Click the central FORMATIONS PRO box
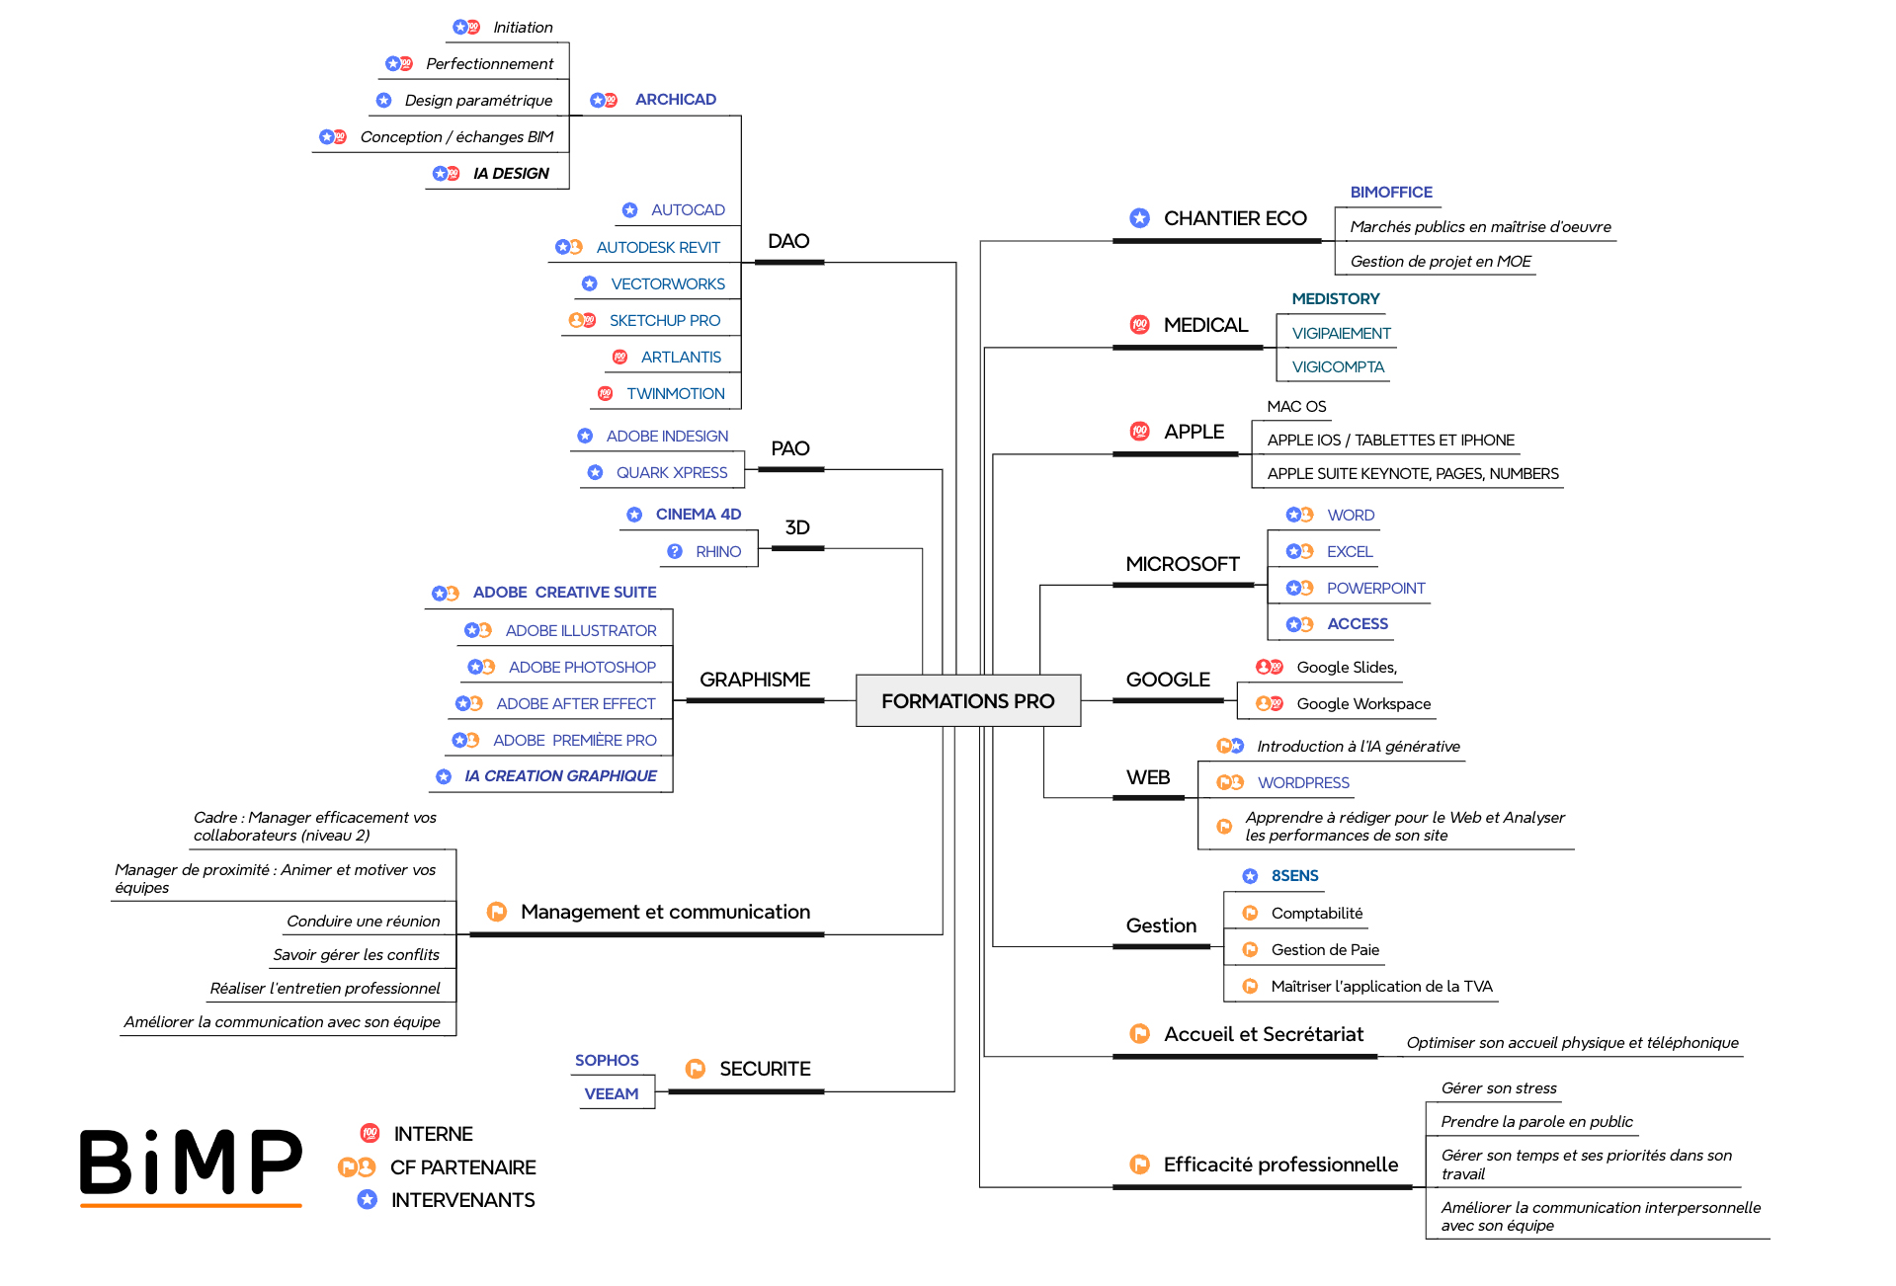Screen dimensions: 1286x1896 coord(967,700)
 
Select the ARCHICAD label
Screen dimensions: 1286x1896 coord(675,99)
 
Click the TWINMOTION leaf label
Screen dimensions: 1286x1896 coord(675,393)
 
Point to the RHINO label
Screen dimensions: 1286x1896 coord(717,551)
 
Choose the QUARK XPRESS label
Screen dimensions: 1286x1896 coord(671,472)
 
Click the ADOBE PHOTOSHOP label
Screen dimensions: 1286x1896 coord(582,667)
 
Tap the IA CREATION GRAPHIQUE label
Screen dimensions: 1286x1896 coord(560,775)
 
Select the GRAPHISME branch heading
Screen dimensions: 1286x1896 coord(754,680)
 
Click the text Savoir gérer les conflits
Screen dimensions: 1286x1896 coord(356,954)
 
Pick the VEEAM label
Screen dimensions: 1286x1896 coord(611,1093)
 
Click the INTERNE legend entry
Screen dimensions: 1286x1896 coord(433,1134)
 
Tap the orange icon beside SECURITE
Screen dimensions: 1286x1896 coord(696,1069)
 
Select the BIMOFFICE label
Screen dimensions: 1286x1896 coord(1390,192)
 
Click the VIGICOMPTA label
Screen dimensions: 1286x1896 coord(1338,366)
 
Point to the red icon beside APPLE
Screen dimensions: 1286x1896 coord(1139,432)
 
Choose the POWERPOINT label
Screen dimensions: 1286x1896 coord(1375,588)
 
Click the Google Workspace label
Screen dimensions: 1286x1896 coord(1363,703)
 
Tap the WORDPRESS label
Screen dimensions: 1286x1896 coord(1303,782)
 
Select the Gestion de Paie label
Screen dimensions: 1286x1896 coord(1325,949)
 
